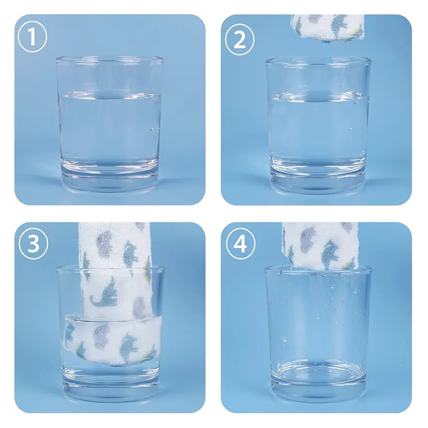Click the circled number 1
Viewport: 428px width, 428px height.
(32, 37)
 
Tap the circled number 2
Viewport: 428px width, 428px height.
(239, 40)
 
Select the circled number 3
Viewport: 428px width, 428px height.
(34, 244)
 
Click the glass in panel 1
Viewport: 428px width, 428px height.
(110, 124)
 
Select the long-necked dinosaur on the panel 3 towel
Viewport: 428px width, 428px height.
(105, 292)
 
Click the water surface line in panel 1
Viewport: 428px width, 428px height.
(110, 95)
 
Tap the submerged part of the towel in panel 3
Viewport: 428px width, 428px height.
(111, 339)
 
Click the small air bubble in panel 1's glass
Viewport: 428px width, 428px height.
(152, 129)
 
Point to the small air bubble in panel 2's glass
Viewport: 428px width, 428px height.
(351, 129)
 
